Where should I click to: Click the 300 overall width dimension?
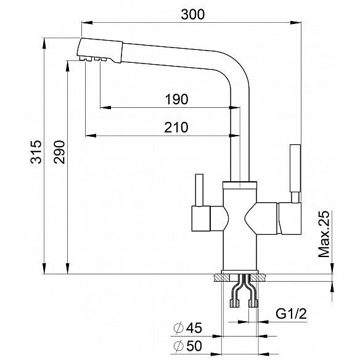coord(192,14)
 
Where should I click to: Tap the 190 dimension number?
coord(176,99)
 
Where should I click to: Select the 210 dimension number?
coord(176,128)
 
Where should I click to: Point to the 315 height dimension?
coord(36,152)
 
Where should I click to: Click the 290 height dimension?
coord(59,152)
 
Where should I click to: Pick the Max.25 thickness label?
coord(324,234)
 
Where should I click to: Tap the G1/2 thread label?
coord(291,314)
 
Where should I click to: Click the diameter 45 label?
coord(188,327)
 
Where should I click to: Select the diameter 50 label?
coord(188,346)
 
